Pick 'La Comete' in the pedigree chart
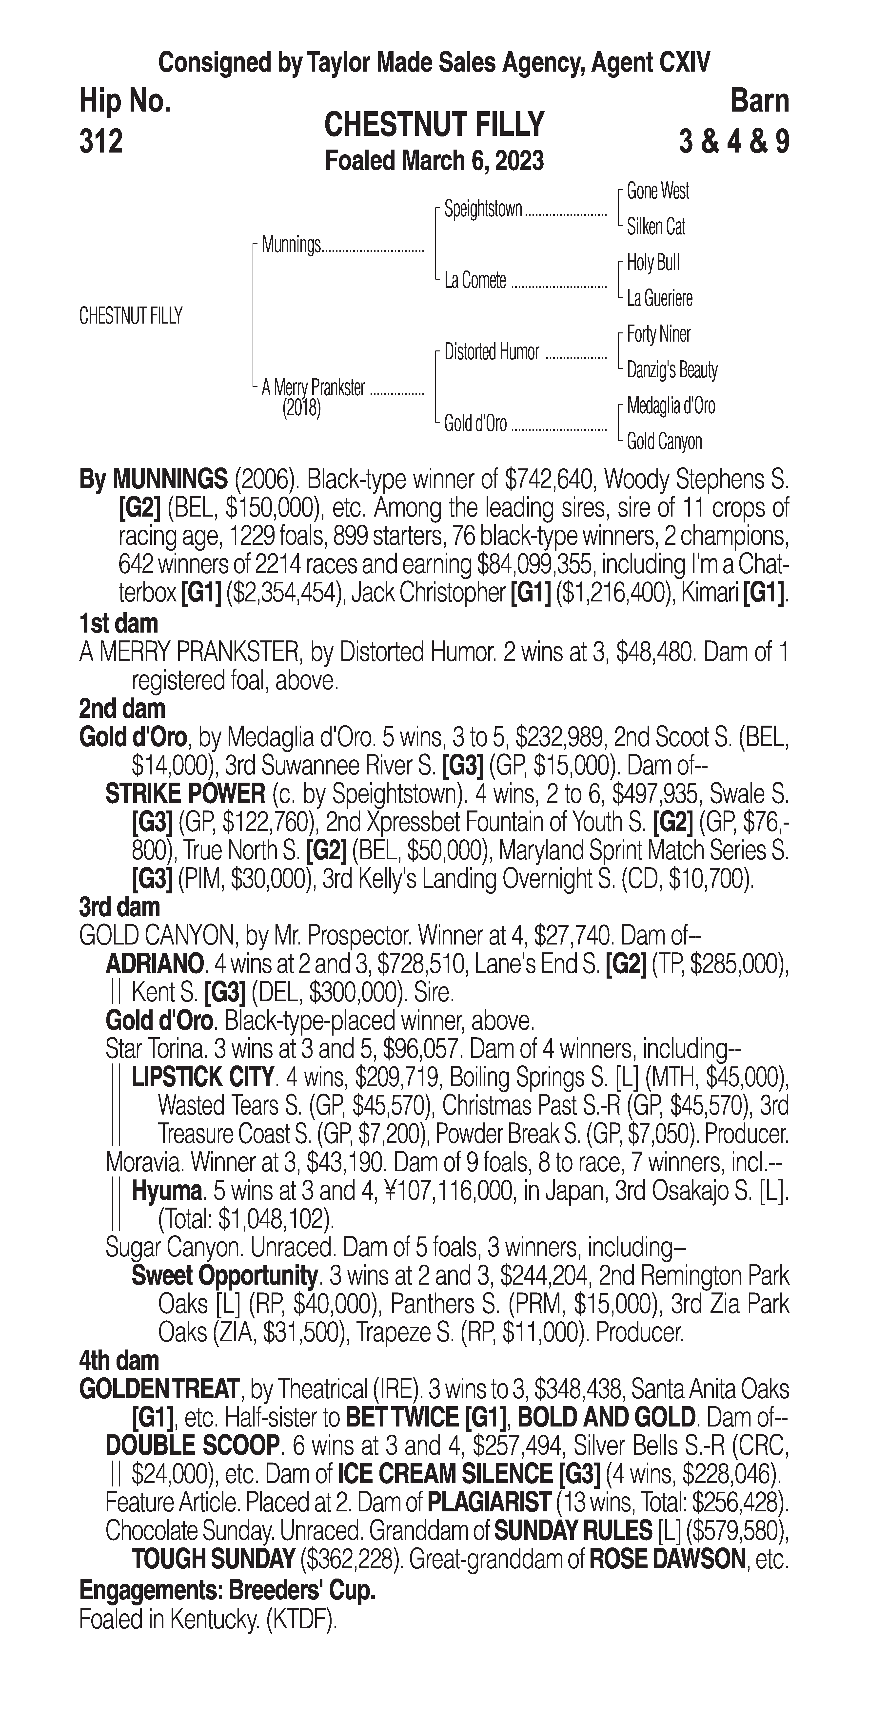pyautogui.click(x=475, y=280)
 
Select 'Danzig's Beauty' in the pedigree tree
pyautogui.click(x=671, y=370)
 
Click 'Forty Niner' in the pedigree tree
pyautogui.click(x=658, y=334)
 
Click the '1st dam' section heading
pyautogui.click(x=118, y=624)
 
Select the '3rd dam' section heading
pyautogui.click(x=119, y=907)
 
